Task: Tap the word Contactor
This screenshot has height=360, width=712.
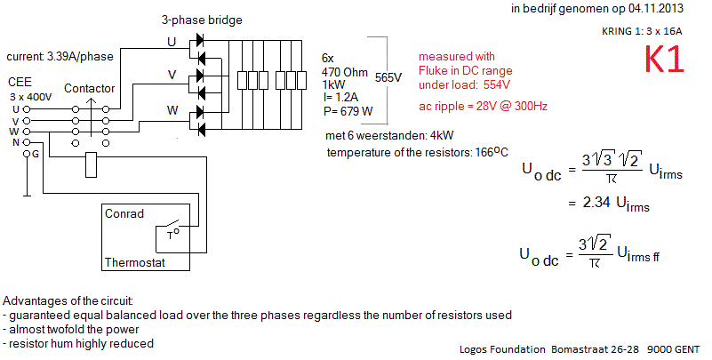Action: coord(89,89)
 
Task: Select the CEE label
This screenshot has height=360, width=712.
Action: coord(20,81)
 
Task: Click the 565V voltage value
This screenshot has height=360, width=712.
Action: coord(389,76)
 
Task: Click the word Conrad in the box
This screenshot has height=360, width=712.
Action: coord(125,214)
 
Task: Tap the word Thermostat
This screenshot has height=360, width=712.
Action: coord(134,263)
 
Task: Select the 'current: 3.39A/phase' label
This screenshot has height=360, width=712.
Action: coord(60,57)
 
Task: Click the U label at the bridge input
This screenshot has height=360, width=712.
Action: coord(172,42)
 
